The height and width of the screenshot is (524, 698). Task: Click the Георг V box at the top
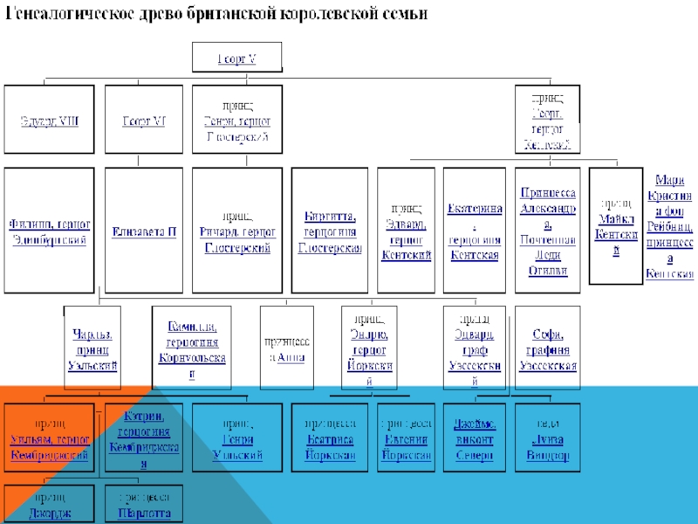(x=236, y=59)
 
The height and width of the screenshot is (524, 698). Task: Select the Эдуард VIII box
(x=49, y=121)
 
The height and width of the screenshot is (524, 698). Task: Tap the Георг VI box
(x=144, y=121)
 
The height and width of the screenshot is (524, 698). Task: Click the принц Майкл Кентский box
(x=615, y=225)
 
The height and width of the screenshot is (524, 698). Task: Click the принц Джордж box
(x=49, y=505)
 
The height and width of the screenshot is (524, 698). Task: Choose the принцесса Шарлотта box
(x=144, y=505)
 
